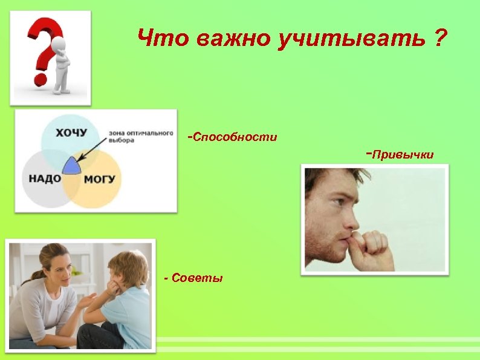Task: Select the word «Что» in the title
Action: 162,41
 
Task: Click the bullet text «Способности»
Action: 235,137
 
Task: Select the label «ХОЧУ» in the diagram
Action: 71,132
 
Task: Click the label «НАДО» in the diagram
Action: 45,178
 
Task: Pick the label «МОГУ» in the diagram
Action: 99,179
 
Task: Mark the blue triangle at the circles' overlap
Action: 72,165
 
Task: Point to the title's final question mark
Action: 440,41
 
